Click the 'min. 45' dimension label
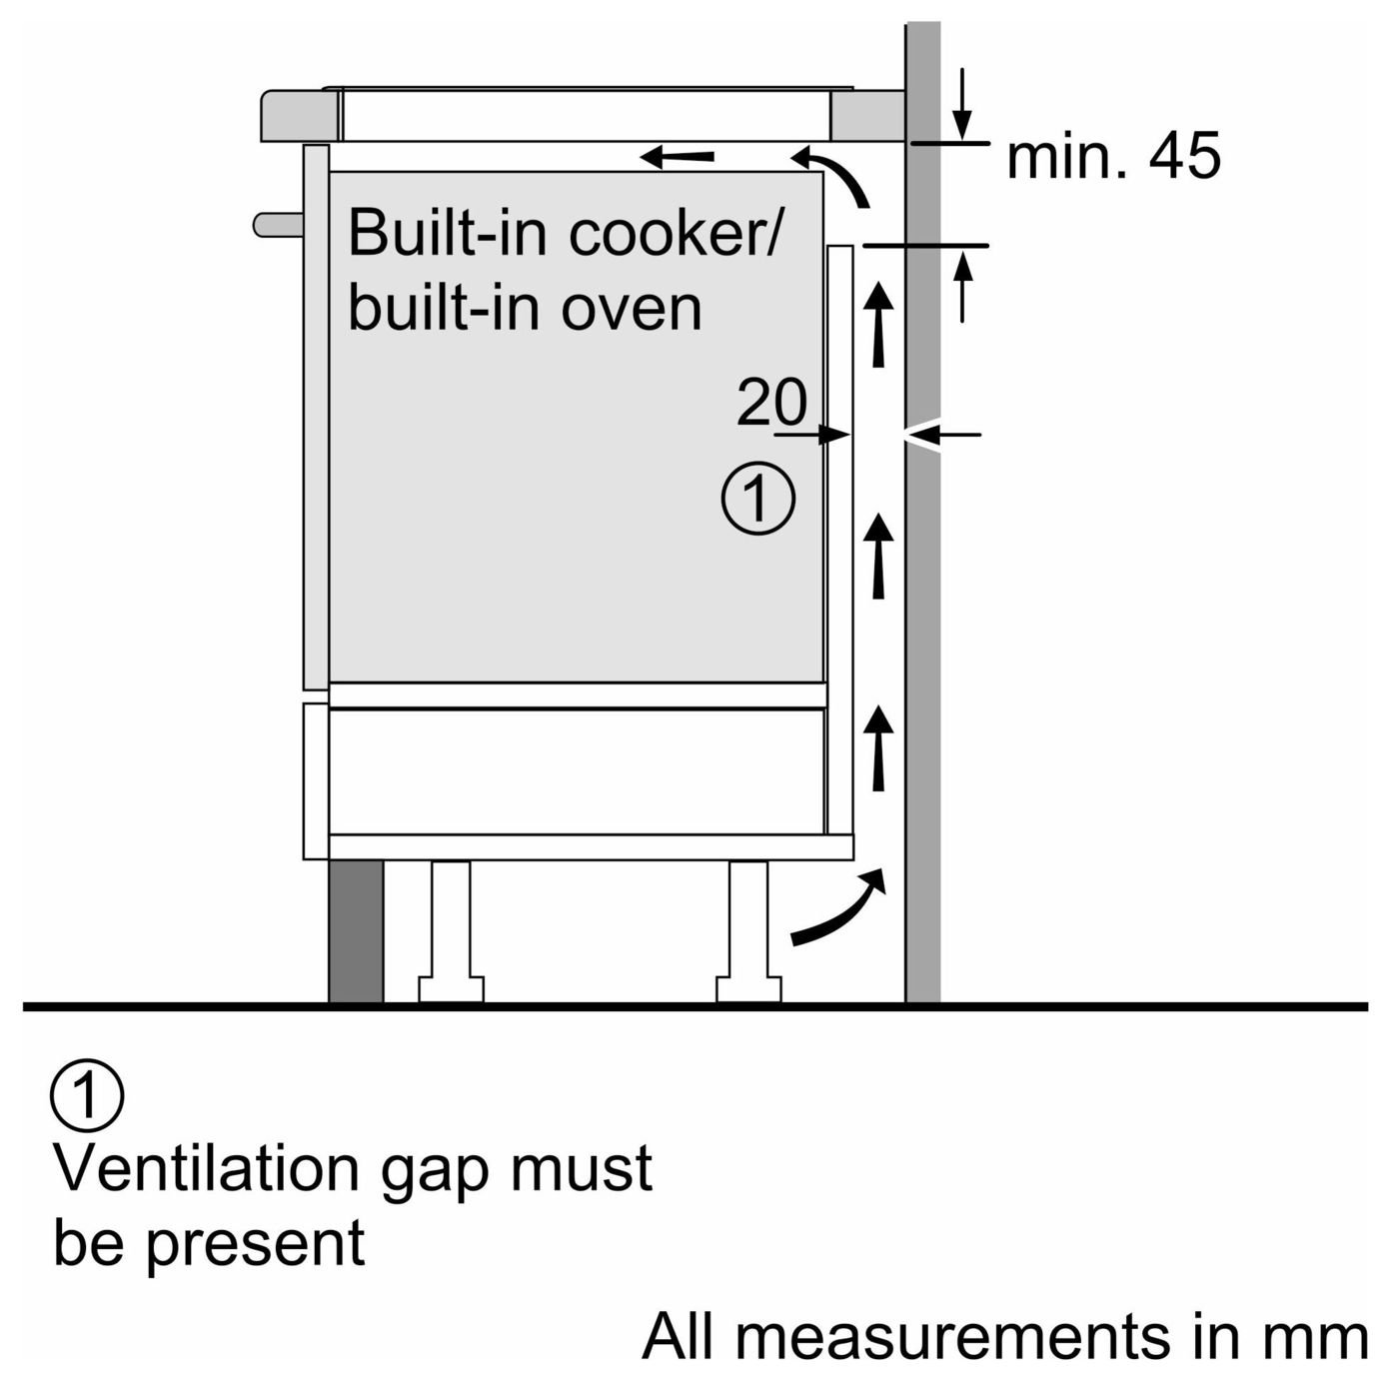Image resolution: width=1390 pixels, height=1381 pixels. pyautogui.click(x=1113, y=157)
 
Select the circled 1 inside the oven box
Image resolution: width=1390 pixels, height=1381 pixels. pyautogui.click(x=758, y=498)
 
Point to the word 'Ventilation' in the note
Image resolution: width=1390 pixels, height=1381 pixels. pyautogui.click(x=206, y=1168)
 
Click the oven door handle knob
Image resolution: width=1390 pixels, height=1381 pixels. pyautogui.click(x=279, y=225)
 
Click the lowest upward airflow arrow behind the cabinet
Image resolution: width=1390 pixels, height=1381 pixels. pyautogui.click(x=877, y=748)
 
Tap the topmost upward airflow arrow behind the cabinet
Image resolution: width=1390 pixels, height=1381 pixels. pyautogui.click(x=877, y=323)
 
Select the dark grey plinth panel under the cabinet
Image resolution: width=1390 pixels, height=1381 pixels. pyautogui.click(x=356, y=931)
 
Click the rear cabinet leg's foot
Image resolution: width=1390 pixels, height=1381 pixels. pyautogui.click(x=748, y=989)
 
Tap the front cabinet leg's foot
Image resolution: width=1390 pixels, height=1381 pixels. pyautogui.click(x=452, y=989)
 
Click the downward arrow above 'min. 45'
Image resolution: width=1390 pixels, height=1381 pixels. pyautogui.click(x=962, y=103)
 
